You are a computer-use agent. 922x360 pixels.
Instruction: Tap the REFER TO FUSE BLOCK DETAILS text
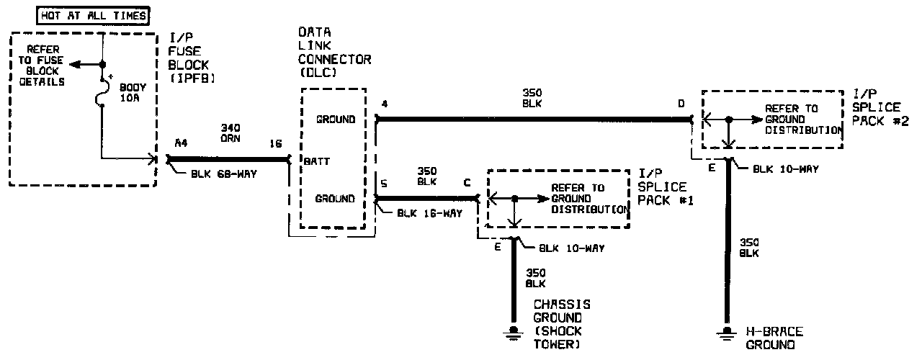44,66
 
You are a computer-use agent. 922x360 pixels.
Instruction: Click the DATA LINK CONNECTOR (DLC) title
334,53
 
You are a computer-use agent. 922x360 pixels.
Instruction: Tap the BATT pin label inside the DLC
317,161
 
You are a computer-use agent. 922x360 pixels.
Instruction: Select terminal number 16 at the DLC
275,143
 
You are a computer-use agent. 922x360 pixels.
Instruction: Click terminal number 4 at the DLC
385,104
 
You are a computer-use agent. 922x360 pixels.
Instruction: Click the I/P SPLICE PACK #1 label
666,187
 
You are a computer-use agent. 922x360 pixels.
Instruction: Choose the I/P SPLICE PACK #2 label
876,108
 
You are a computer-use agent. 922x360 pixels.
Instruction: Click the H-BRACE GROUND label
774,338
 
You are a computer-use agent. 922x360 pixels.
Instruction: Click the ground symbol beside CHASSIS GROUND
514,331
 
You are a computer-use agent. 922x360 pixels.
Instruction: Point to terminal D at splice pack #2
681,104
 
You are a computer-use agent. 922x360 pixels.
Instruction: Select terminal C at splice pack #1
467,182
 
